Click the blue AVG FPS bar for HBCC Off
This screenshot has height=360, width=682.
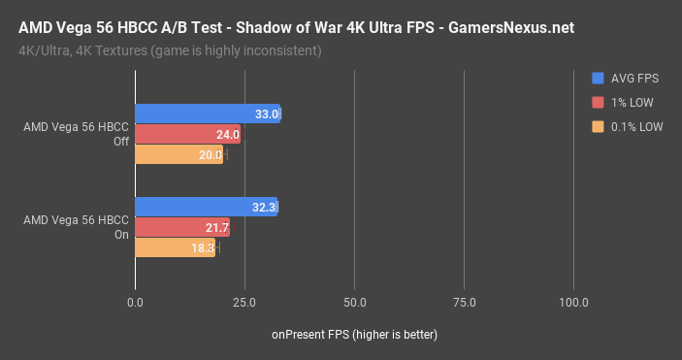[x=207, y=114]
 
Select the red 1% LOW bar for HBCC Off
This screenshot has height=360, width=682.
[x=187, y=134]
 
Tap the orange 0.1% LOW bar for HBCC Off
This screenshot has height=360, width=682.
[x=179, y=154]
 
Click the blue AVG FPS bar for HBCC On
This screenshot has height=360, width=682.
[x=206, y=207]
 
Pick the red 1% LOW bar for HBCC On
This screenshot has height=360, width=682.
[x=182, y=227]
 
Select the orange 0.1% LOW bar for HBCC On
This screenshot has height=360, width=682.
[x=175, y=247]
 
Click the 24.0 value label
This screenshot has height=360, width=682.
[x=228, y=134]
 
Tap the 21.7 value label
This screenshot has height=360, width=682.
[x=217, y=227]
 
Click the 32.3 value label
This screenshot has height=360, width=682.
[x=264, y=207]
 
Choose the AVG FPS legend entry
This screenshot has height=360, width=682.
[x=631, y=78]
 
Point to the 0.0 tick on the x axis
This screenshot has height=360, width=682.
[x=135, y=303]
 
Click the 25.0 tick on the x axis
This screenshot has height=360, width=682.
[x=244, y=303]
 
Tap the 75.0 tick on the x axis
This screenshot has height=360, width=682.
[x=464, y=303]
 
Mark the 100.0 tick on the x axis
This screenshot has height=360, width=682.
[x=573, y=303]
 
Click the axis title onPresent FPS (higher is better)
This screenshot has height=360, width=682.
[x=354, y=335]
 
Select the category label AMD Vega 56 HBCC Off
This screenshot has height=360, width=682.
[x=76, y=134]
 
